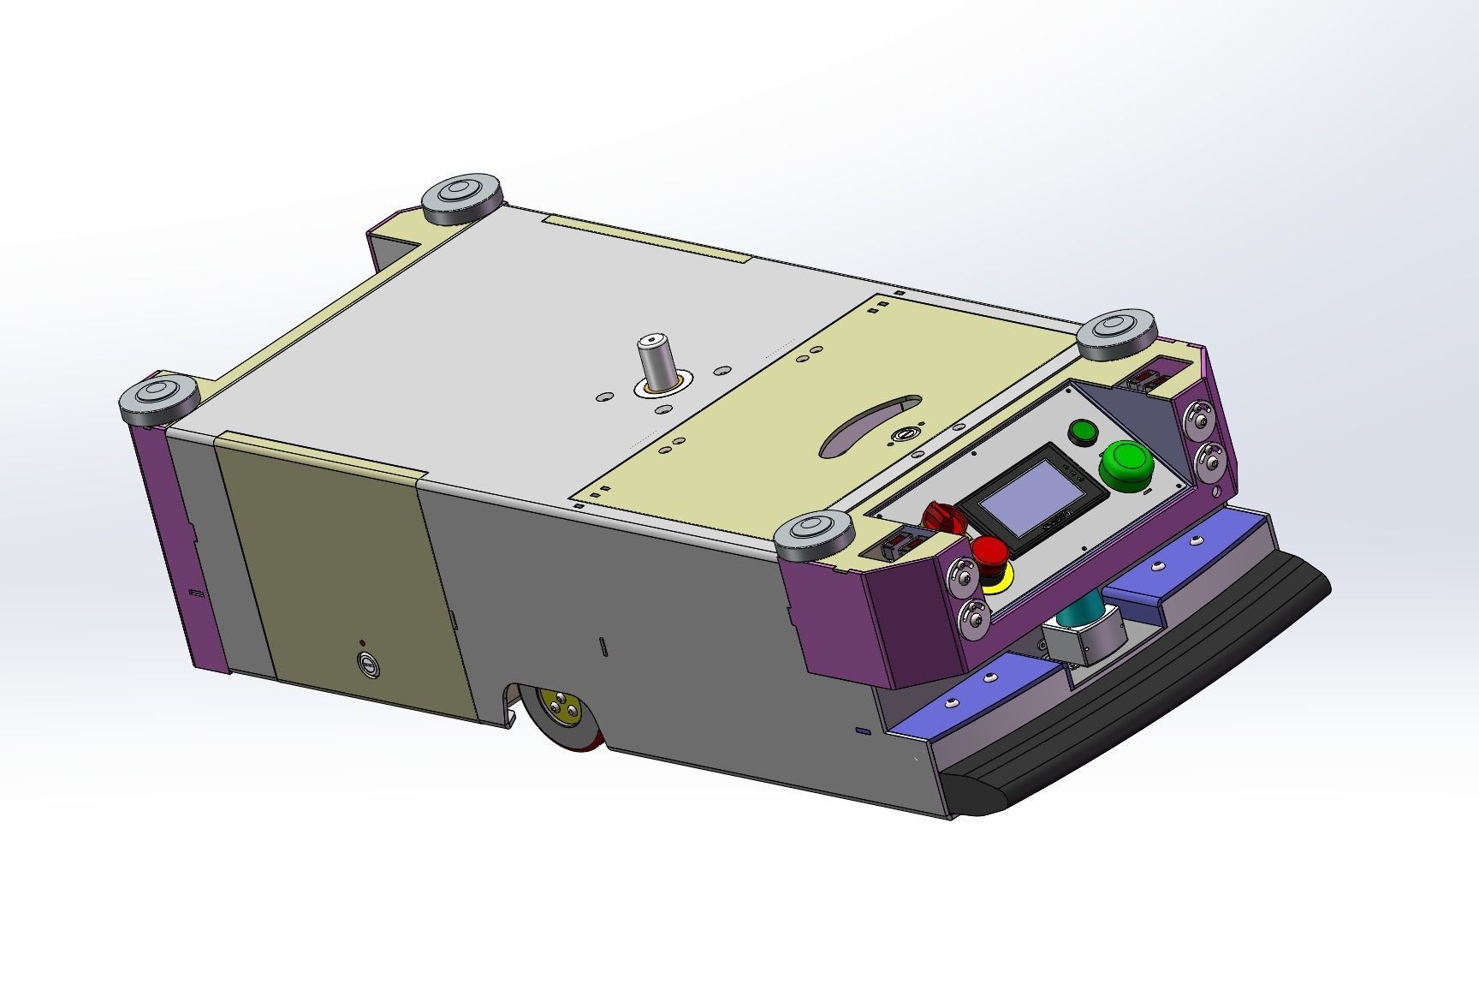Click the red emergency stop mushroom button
click(990, 552)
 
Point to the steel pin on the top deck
click(656, 361)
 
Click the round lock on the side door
click(368, 663)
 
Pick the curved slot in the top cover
click(869, 426)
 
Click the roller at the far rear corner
click(461, 197)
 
